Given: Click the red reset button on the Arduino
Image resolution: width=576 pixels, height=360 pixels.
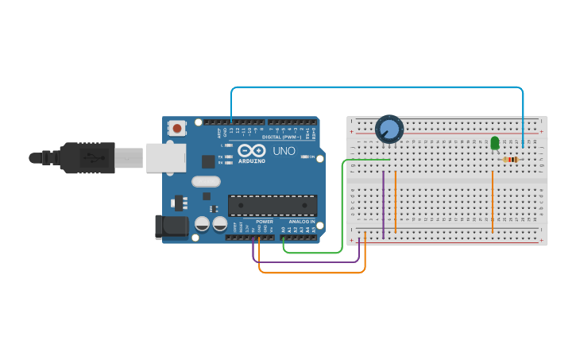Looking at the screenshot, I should (176, 127).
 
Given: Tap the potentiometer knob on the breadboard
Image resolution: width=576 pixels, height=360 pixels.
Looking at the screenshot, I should (389, 128).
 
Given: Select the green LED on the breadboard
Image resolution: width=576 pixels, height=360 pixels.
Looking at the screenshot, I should (495, 142).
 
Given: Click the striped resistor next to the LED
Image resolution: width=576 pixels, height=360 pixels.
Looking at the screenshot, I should (512, 160).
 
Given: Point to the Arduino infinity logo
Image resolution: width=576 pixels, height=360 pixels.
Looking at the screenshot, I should (251, 150).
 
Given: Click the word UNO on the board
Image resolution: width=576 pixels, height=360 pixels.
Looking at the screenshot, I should (284, 150).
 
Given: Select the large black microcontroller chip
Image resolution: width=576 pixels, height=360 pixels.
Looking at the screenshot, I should (273, 205).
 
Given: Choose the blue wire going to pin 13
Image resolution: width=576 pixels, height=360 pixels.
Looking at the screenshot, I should (373, 87).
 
